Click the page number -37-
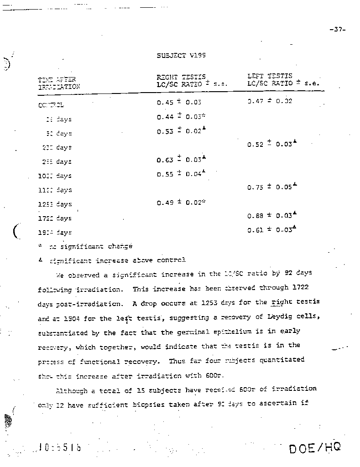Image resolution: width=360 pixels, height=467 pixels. pos(337,30)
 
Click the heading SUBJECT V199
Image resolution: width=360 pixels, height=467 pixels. pos(181,55)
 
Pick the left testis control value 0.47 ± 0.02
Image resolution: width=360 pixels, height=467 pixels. pos(269,101)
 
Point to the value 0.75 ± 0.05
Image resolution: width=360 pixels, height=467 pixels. pos(270,187)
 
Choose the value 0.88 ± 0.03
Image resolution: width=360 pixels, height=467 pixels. pos(270,216)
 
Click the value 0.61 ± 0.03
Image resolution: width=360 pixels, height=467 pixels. pos(270,230)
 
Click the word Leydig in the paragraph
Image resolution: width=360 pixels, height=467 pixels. pos(277,317)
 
